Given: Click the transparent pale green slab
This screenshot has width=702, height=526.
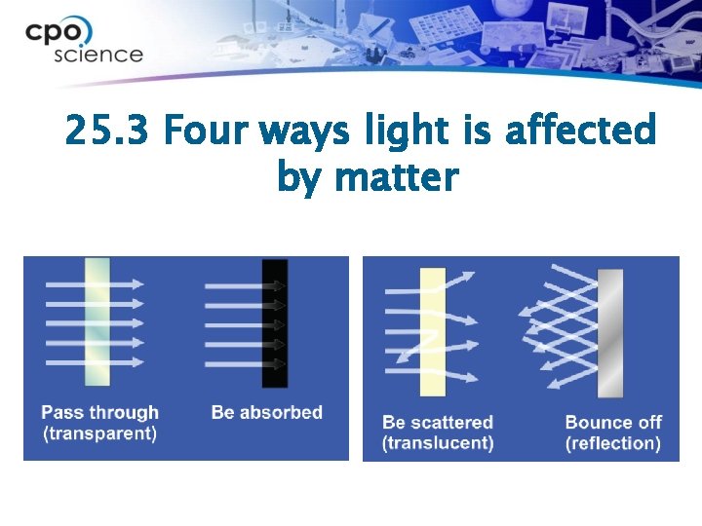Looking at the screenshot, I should pos(97,322).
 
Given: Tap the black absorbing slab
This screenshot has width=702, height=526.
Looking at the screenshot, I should pos(275,322).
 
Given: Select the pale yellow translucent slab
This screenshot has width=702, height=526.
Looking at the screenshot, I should pos(432,331).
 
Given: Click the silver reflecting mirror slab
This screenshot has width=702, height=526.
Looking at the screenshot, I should pos(609,331).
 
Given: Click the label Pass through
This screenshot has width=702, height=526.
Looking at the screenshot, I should pos(99,413).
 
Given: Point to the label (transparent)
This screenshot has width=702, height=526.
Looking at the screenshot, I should pos(99,434).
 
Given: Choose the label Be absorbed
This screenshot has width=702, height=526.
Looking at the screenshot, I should pos(266,413).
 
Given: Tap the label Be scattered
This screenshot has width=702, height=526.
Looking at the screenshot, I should pos(438,423).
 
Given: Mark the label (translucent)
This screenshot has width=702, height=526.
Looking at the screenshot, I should pos(438,444).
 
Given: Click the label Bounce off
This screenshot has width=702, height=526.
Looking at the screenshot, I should pos(613,423).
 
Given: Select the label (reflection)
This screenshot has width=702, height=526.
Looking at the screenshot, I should pos(613,444).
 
